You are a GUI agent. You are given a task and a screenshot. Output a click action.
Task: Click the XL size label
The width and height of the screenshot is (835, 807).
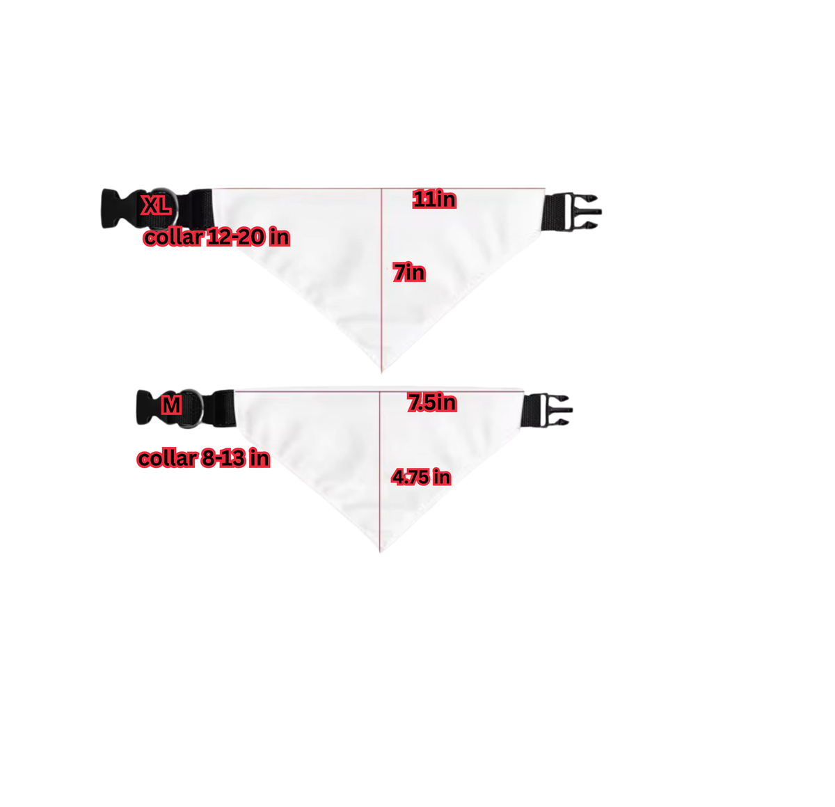(156, 205)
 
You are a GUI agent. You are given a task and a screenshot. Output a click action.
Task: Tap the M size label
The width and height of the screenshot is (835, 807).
(171, 405)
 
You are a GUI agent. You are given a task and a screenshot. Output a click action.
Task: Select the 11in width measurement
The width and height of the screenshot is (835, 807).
(434, 199)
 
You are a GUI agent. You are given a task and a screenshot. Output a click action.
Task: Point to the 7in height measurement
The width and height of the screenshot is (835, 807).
(409, 272)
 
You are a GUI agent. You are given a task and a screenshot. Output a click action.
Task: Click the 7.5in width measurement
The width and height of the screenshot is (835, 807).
(432, 402)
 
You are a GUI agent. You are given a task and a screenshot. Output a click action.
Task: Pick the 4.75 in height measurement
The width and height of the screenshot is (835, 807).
(421, 477)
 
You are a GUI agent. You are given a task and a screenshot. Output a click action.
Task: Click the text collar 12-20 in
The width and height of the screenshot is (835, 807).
(216, 237)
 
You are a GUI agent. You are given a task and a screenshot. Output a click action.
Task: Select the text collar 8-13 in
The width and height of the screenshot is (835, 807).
(203, 458)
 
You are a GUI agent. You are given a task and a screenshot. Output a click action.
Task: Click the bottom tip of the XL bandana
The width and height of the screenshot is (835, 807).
(381, 372)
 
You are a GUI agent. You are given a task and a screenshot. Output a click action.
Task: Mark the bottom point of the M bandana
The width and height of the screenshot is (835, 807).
(380, 551)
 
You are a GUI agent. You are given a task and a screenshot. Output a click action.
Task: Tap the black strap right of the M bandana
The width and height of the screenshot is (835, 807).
(532, 410)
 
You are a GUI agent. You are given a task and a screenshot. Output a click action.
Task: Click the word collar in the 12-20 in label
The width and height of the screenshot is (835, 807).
(173, 237)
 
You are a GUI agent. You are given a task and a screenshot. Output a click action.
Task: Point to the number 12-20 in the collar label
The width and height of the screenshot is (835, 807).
(236, 237)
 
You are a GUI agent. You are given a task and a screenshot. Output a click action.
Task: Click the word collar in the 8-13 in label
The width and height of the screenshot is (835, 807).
(167, 458)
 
